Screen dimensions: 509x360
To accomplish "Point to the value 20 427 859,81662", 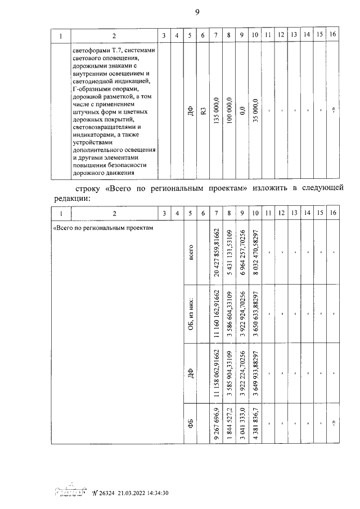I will pos(216,252).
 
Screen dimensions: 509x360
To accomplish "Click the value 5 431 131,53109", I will pos(229,252).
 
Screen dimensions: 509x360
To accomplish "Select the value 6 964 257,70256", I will pos(242,252).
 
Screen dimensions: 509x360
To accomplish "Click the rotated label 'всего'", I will pos(191,252).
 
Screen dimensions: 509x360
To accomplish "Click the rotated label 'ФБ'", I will pos(191,420).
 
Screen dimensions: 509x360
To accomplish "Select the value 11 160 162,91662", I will pos(216,314).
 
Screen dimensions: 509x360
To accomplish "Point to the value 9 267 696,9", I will pos(216,420).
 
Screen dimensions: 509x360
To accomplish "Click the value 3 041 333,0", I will pos(242,420).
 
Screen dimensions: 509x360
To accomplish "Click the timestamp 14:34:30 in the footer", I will pos(156,493).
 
